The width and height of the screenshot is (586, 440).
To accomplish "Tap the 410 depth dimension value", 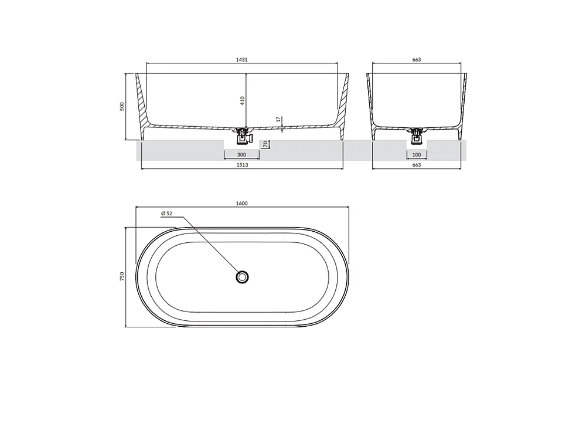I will tap(242, 100).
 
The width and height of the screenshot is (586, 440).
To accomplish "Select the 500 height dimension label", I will tap(122, 106).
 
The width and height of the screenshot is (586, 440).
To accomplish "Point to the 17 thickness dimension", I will tap(278, 119).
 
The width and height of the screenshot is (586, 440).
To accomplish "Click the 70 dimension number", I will tap(265, 144).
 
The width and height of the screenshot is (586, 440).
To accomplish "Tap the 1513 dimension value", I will tap(243, 165).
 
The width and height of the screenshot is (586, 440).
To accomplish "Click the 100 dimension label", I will tap(417, 154).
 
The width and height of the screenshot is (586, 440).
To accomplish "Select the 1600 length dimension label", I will tap(243, 204).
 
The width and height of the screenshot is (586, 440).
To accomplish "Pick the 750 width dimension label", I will tap(122, 276).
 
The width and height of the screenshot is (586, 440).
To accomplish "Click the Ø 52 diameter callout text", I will tap(166, 214).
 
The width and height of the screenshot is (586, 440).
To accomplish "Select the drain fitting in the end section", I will tap(417, 136).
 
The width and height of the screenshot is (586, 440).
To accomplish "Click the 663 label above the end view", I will tap(417, 59).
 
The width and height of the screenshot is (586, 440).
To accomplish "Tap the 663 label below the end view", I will tap(417, 165).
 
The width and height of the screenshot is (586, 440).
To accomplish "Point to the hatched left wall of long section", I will tap(142, 103).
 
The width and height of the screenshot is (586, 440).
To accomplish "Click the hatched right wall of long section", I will tap(343, 103).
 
